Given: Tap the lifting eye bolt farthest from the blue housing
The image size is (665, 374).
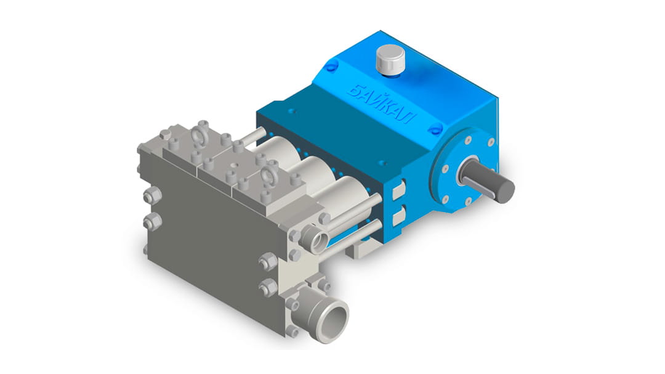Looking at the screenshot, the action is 198,134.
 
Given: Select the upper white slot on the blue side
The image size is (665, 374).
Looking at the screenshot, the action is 398,190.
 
